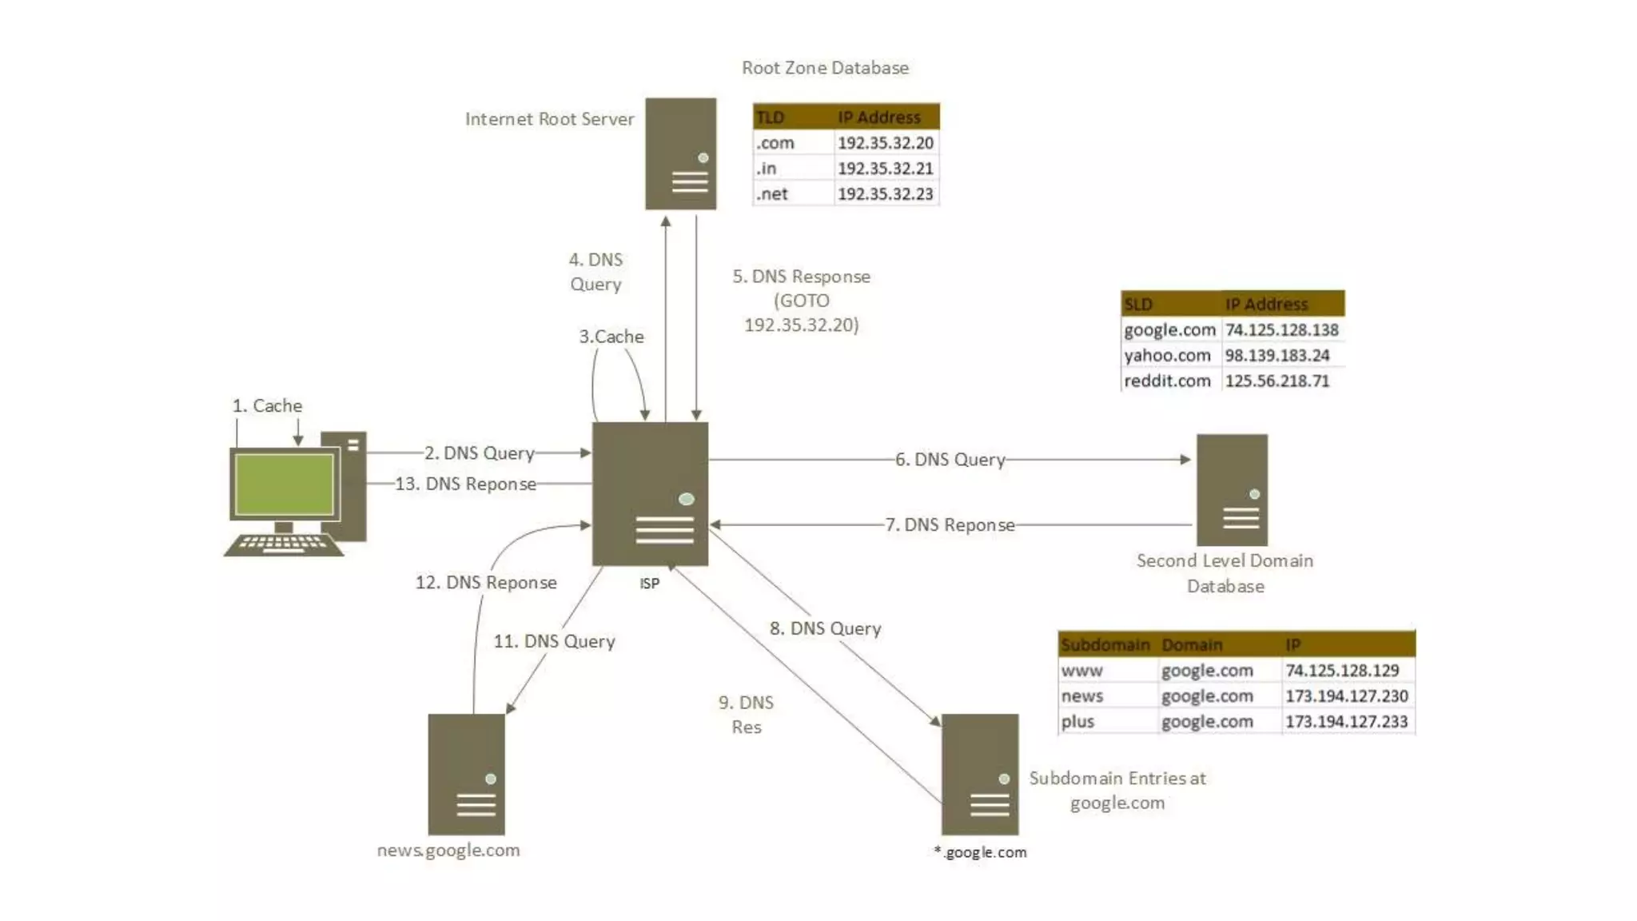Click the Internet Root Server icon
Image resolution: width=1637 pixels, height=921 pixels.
coord(680,153)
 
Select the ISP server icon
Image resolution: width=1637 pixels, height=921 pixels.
coord(650,493)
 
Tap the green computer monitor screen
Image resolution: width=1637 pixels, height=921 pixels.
coord(284,484)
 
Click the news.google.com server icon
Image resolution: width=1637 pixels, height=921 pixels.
coord(467,774)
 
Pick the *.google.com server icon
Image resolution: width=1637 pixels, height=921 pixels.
coord(980,774)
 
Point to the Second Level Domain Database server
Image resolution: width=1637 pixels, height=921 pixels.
coord(1232,489)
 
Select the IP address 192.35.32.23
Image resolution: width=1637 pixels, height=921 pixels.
coord(885,194)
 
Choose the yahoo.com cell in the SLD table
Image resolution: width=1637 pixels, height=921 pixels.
coord(1168,356)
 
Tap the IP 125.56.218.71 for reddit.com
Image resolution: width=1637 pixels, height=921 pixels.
coord(1277,381)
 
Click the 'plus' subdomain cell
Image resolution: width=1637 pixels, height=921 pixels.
coord(1078,722)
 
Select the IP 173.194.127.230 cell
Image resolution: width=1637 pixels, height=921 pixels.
coord(1346,696)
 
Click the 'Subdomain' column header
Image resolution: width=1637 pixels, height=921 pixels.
coord(1105,644)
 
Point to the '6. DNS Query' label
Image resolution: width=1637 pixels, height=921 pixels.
coord(950,460)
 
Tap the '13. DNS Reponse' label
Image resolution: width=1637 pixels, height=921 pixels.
coord(465,484)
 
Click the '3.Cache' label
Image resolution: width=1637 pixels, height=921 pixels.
coord(611,337)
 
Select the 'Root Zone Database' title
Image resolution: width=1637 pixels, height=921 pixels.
coord(825,68)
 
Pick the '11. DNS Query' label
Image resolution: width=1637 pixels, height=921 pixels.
coord(554,641)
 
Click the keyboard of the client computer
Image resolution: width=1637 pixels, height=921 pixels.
coord(283,545)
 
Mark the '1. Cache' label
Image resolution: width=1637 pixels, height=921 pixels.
coord(267,406)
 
